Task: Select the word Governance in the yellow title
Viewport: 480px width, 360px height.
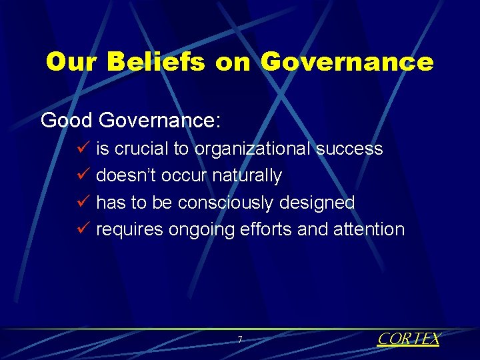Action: click(x=347, y=62)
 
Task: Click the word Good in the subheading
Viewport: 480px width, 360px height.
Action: click(x=67, y=121)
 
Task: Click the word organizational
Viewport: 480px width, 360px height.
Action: click(x=251, y=149)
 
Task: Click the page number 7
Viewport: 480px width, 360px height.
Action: click(x=240, y=340)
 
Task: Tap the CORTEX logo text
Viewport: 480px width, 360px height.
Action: click(x=409, y=339)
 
